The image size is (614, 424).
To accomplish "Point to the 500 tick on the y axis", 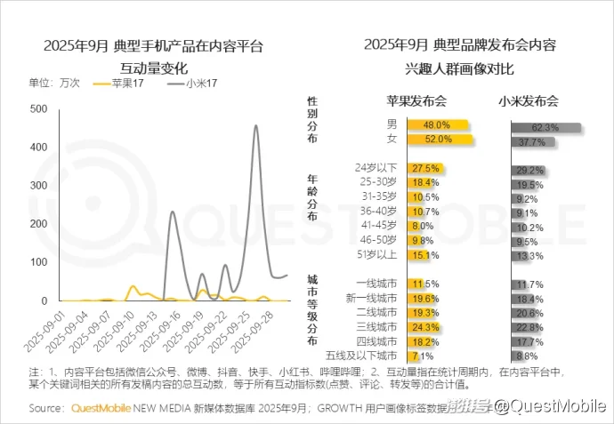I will click(x=37, y=108).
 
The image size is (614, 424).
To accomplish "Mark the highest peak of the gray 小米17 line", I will click(x=256, y=126).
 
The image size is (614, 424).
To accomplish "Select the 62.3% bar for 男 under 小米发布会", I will click(x=545, y=128).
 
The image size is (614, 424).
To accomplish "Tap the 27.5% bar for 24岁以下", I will click(x=424, y=168).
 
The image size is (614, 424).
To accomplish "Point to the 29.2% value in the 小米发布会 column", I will click(x=529, y=169).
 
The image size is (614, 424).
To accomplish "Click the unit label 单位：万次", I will click(x=54, y=83).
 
